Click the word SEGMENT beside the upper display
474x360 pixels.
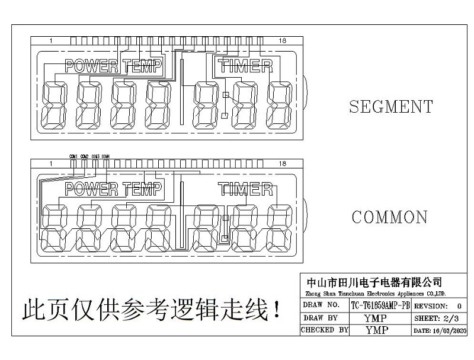[390, 107]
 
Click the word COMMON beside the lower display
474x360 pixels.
[389, 217]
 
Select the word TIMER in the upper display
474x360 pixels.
[245, 66]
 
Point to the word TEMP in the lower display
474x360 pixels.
[142, 189]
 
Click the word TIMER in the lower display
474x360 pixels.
[245, 189]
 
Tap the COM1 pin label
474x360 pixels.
[73, 156]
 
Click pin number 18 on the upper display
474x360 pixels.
[282, 40]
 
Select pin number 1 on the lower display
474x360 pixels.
[52, 164]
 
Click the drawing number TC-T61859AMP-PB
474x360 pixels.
[380, 305]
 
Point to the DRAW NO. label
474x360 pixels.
[321, 305]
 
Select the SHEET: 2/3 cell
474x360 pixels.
[438, 318]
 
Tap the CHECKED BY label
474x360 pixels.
[324, 330]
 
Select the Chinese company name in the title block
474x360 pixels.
[371, 282]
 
